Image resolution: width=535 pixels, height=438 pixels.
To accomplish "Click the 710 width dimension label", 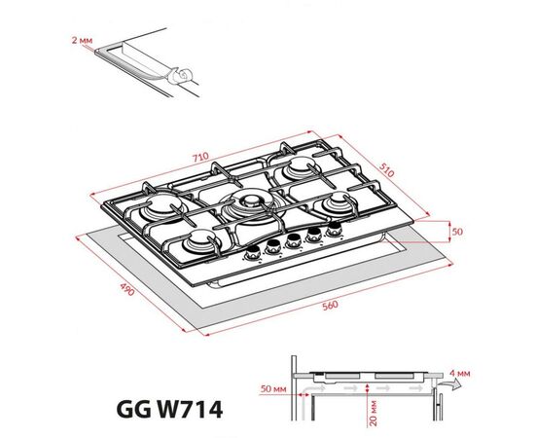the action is pos(200,158).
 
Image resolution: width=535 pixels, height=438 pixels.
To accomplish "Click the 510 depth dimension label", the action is pos(386,169).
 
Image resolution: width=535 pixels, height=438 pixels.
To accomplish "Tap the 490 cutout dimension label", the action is pos(127,289).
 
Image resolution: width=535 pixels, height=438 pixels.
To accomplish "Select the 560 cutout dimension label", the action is pos(330,305).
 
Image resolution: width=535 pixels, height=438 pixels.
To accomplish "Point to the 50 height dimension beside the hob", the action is pos(457,232).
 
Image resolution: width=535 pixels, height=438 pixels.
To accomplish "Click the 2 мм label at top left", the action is pos(82,40).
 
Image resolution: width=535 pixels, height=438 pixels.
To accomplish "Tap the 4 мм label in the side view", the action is pos(459,373).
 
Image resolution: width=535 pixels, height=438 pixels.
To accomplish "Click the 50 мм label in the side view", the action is pos(273,388).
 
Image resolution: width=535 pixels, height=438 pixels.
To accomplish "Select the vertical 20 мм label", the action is pos(374,413).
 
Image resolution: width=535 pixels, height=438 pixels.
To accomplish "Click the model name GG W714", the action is pos(169,410).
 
